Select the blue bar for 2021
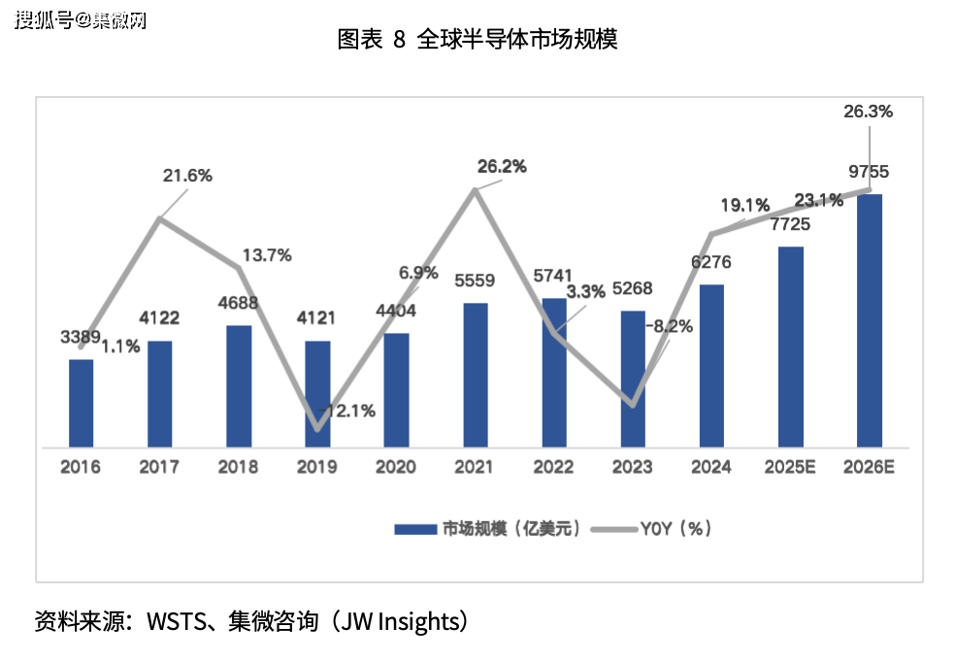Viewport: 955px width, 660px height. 476,375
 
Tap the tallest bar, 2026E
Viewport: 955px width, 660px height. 870,320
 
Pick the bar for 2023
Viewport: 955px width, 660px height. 633,379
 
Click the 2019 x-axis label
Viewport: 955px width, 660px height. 317,468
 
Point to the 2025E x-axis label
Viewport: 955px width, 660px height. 790,468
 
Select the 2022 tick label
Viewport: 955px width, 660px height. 554,468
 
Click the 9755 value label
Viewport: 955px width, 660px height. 868,173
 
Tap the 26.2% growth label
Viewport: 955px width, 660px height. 502,166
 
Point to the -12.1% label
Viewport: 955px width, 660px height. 347,412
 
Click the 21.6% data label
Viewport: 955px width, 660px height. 187,176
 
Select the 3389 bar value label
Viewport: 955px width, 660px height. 81,337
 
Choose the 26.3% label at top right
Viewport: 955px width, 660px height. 868,112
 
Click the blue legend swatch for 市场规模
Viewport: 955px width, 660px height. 415,529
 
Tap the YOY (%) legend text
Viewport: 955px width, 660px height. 676,529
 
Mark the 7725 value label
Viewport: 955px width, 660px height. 790,224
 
